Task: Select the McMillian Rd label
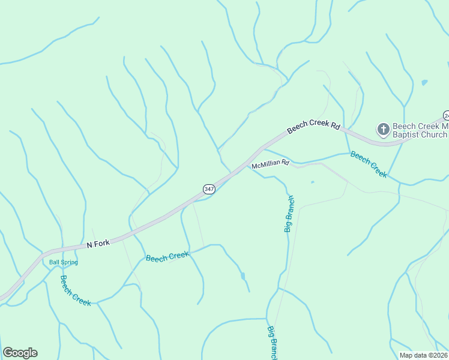click(x=270, y=164)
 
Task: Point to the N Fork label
click(x=98, y=244)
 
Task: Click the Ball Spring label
click(x=64, y=262)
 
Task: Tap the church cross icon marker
click(x=383, y=129)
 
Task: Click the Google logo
click(x=20, y=353)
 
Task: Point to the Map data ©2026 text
click(x=424, y=355)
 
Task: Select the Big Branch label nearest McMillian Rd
click(x=289, y=214)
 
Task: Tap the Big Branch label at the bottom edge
click(x=273, y=343)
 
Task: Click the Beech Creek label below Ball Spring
click(x=76, y=290)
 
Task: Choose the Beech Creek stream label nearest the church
click(x=369, y=164)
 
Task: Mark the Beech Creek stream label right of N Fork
click(x=167, y=256)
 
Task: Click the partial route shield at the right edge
click(x=446, y=115)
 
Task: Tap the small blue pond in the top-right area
click(x=424, y=82)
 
